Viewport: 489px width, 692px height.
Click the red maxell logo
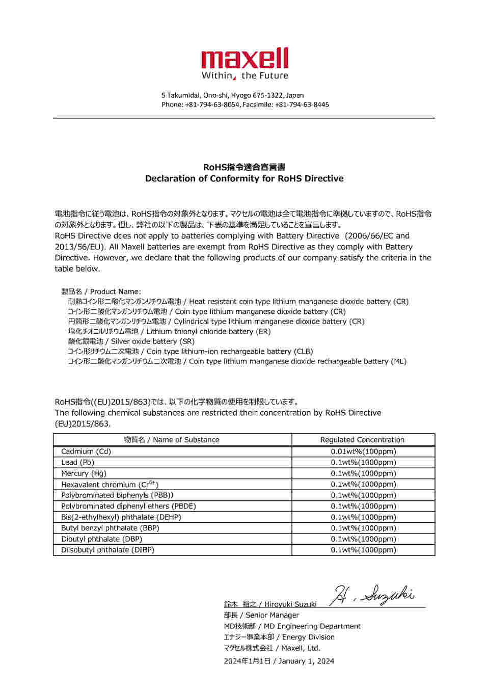[244, 59]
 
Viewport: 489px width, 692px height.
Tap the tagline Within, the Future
[244, 76]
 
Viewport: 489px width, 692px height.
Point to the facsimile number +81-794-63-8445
[302, 104]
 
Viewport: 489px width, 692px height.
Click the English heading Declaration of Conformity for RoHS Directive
[244, 178]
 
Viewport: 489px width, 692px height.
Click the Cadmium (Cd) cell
[86, 451]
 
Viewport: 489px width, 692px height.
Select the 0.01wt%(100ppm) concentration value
[363, 451]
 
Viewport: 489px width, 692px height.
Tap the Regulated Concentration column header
[362, 440]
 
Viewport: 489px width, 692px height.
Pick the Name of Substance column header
[172, 440]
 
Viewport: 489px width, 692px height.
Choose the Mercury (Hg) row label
[84, 473]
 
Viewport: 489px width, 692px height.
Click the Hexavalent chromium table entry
[110, 485]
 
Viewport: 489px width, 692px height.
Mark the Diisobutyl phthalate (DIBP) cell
[107, 550]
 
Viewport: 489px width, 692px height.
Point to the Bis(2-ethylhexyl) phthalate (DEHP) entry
[121, 517]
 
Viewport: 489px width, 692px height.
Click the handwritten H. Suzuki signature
[372, 595]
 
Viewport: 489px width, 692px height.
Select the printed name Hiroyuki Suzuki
[290, 604]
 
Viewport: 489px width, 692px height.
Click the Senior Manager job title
[272, 615]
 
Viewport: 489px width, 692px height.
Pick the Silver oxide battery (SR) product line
[153, 341]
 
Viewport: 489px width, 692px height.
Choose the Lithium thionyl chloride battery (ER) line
[208, 331]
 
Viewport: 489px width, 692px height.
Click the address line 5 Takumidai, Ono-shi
[233, 95]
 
